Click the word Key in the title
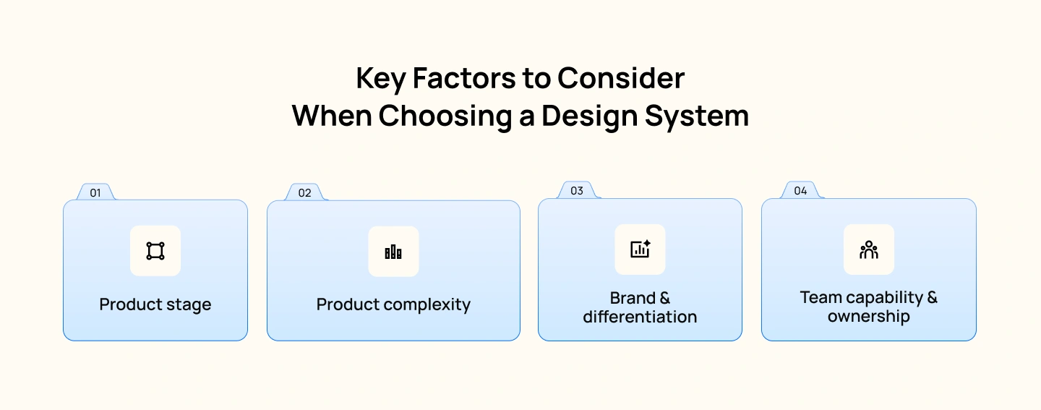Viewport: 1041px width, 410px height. pyautogui.click(x=381, y=79)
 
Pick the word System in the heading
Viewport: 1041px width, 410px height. pyautogui.click(x=698, y=116)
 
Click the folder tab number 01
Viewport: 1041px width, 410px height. pyautogui.click(x=95, y=193)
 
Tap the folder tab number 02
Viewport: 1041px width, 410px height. pyautogui.click(x=304, y=193)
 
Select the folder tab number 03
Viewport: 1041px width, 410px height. pyautogui.click(x=576, y=191)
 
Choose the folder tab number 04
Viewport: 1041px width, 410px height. pyautogui.click(x=800, y=191)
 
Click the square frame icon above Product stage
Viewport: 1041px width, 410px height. pyautogui.click(x=155, y=251)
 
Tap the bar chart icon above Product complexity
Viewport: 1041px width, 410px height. pyautogui.click(x=393, y=252)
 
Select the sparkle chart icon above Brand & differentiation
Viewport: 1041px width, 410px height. pyautogui.click(x=640, y=249)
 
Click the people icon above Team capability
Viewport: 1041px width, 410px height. pyautogui.click(x=868, y=249)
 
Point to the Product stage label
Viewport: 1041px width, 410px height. pyautogui.click(x=155, y=304)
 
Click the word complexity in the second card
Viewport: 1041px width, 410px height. pyautogui.click(x=431, y=304)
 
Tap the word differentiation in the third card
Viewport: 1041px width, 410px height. pyautogui.click(x=640, y=317)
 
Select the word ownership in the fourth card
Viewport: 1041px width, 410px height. pyautogui.click(x=868, y=317)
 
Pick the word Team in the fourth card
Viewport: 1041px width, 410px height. pyautogui.click(x=821, y=298)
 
